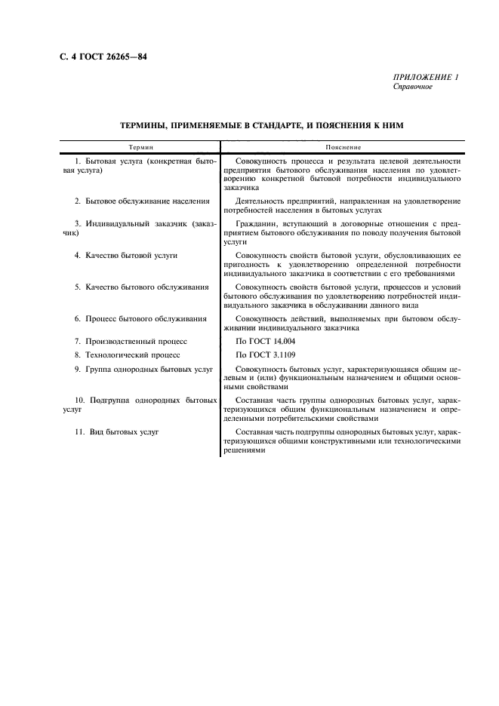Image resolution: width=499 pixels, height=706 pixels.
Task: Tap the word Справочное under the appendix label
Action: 413,87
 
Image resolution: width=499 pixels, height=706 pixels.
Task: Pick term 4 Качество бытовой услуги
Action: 126,256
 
